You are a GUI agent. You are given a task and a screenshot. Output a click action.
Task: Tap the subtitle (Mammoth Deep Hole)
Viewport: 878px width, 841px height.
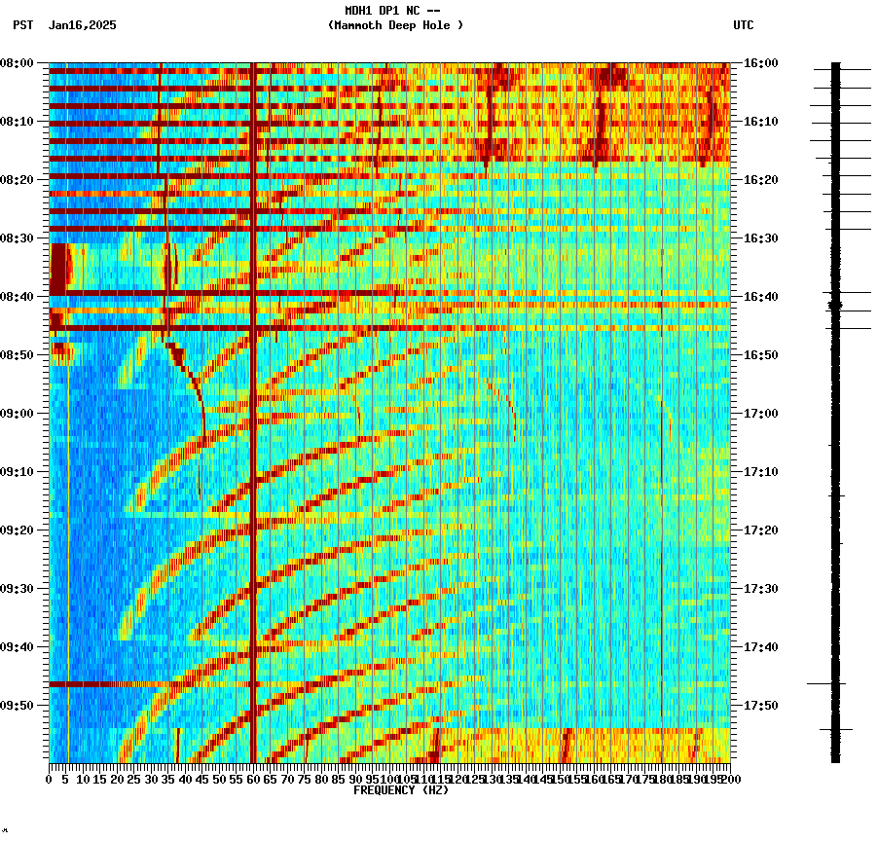pyautogui.click(x=395, y=25)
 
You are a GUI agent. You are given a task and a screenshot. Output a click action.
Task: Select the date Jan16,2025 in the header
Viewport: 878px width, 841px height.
pyautogui.click(x=82, y=25)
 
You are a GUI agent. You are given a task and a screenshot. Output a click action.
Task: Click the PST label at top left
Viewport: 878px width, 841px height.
pyautogui.click(x=22, y=25)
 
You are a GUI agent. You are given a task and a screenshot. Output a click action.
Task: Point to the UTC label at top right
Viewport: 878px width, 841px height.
pyautogui.click(x=743, y=25)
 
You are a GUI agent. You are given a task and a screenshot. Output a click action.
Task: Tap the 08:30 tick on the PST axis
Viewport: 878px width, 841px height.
pyautogui.click(x=18, y=238)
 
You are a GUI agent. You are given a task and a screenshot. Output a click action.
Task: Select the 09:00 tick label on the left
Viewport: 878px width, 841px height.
pyautogui.click(x=18, y=414)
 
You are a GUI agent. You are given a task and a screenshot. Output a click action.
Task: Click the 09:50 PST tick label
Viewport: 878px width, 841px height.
pyautogui.click(x=18, y=706)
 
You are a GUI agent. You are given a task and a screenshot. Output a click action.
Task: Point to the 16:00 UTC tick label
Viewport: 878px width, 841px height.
pyautogui.click(x=760, y=63)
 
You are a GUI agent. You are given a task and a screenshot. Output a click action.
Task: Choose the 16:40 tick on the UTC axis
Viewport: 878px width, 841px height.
pyautogui.click(x=760, y=297)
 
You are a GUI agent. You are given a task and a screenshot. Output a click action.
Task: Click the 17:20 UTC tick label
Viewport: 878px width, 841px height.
pyautogui.click(x=760, y=530)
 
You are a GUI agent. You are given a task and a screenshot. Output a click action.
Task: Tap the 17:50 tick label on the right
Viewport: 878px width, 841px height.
pyautogui.click(x=760, y=706)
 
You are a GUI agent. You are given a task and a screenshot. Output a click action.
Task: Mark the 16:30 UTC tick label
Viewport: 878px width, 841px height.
pyautogui.click(x=760, y=238)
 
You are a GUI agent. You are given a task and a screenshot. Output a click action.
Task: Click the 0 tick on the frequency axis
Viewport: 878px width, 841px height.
pyautogui.click(x=50, y=779)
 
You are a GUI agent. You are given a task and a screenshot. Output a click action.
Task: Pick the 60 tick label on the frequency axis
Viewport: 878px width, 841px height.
pyautogui.click(x=253, y=779)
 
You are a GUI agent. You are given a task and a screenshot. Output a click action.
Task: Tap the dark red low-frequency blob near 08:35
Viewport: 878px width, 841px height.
pyautogui.click(x=58, y=268)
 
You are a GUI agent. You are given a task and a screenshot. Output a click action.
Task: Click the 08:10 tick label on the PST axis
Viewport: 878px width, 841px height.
pyautogui.click(x=18, y=122)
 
